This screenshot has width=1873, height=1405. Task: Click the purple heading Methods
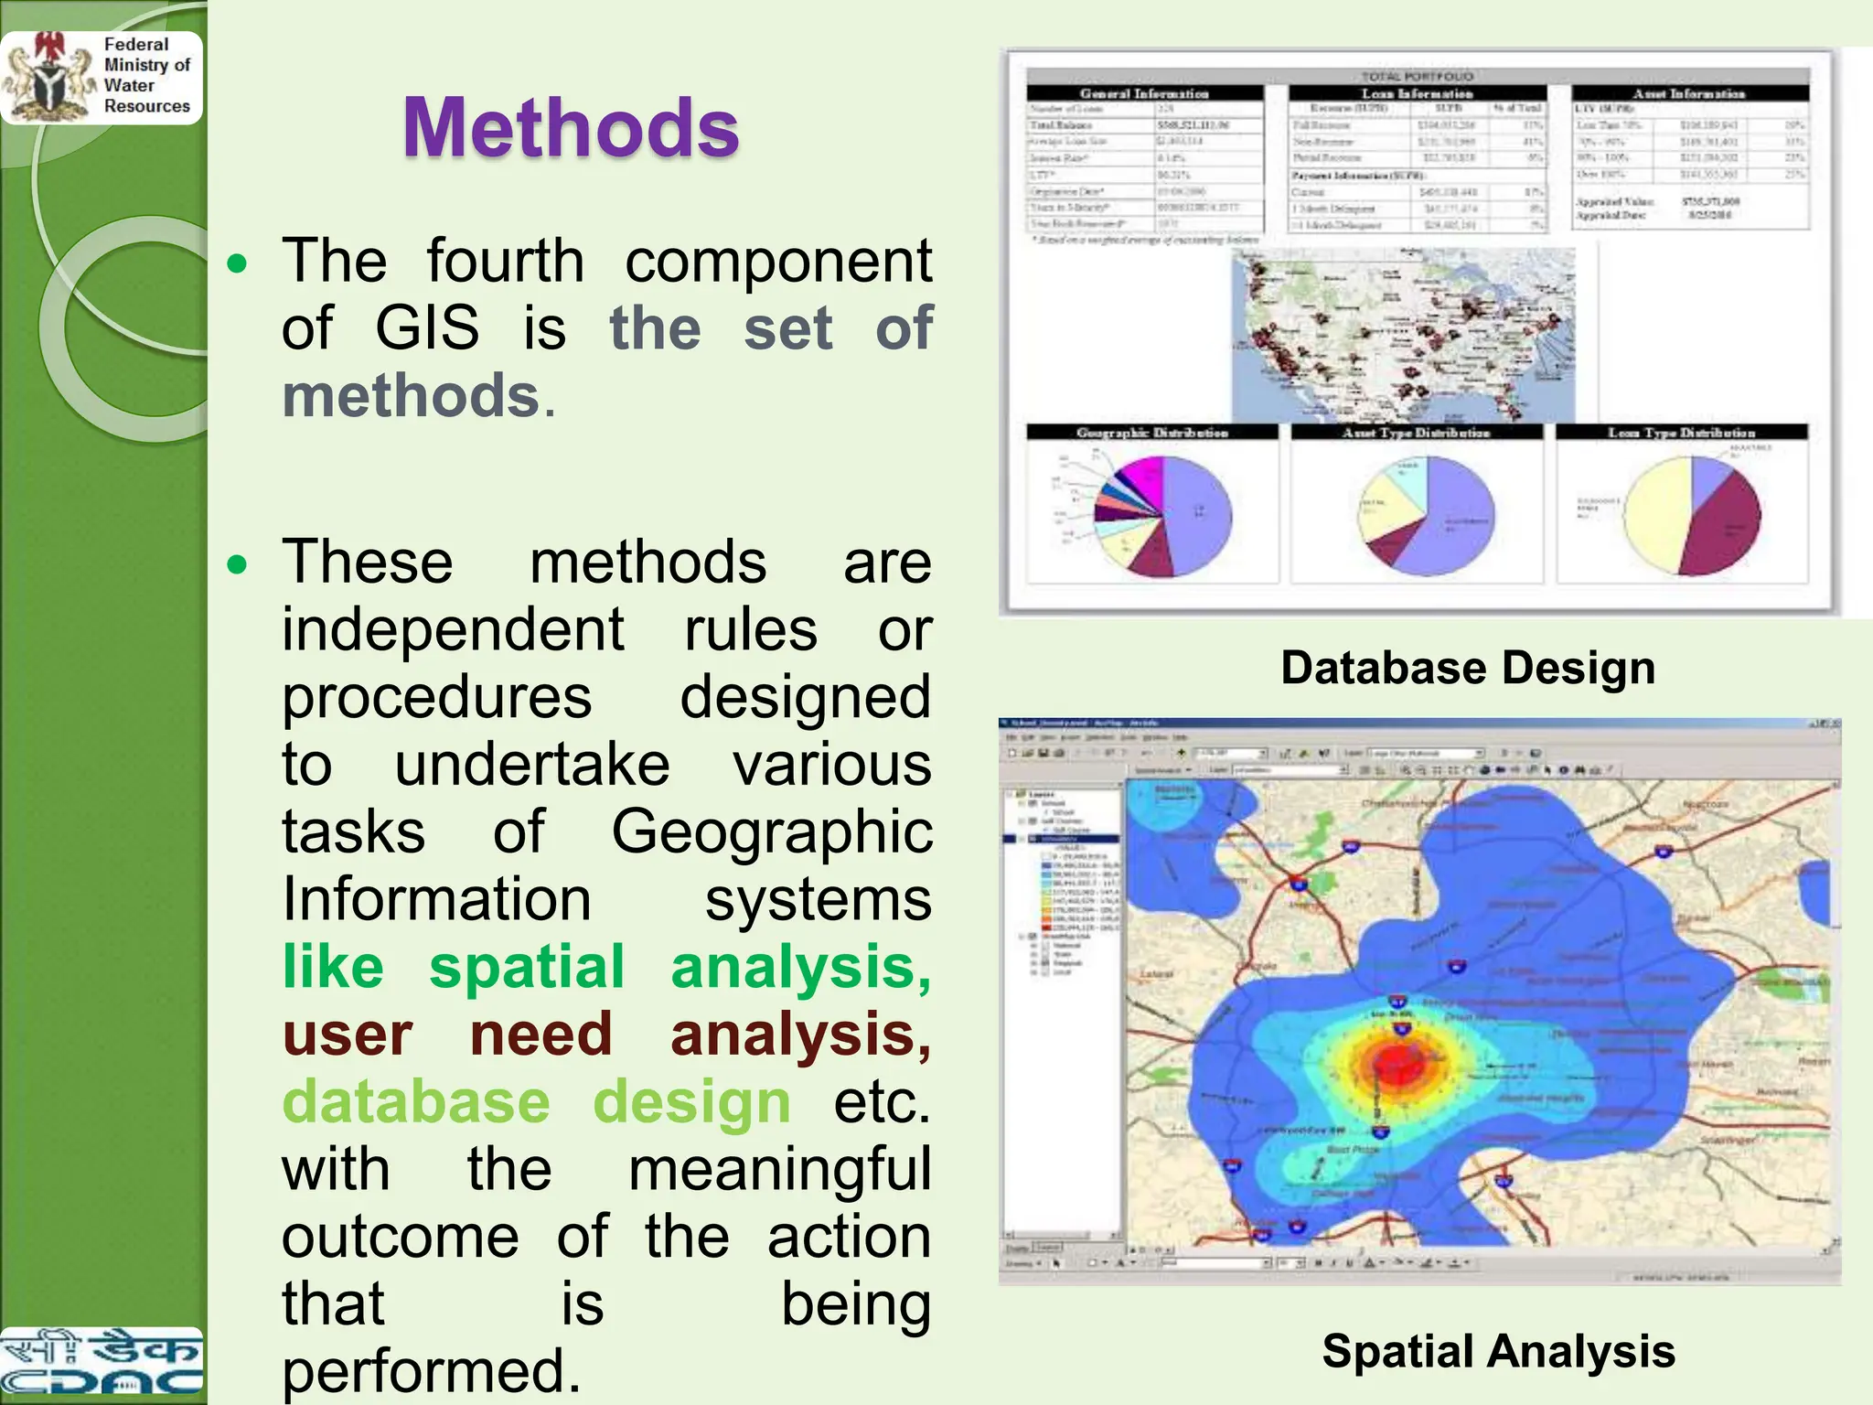click(x=571, y=128)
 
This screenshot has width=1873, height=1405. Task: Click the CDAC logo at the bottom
click(x=101, y=1363)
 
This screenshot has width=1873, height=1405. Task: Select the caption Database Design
click(x=1467, y=668)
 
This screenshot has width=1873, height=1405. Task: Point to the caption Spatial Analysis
click(x=1498, y=1351)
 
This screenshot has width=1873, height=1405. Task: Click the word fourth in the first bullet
click(x=505, y=262)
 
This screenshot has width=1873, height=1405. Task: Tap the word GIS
click(x=427, y=328)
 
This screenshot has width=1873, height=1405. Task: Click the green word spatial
click(x=527, y=967)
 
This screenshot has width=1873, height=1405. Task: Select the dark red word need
click(x=540, y=1035)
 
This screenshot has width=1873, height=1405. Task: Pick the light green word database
click(x=416, y=1101)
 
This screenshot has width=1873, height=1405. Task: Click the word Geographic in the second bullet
click(x=772, y=832)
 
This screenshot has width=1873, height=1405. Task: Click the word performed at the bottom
click(x=431, y=1371)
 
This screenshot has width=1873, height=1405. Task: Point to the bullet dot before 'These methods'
click(x=238, y=564)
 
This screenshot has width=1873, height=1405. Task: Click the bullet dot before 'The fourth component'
click(x=238, y=264)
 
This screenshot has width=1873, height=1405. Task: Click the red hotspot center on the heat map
click(x=1399, y=1061)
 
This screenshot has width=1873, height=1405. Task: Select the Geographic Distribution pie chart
click(x=1162, y=517)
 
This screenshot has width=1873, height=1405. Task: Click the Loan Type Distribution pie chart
click(x=1692, y=516)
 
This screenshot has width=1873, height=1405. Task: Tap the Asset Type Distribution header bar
click(x=1416, y=433)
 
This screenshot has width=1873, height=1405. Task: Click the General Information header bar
click(x=1144, y=93)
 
